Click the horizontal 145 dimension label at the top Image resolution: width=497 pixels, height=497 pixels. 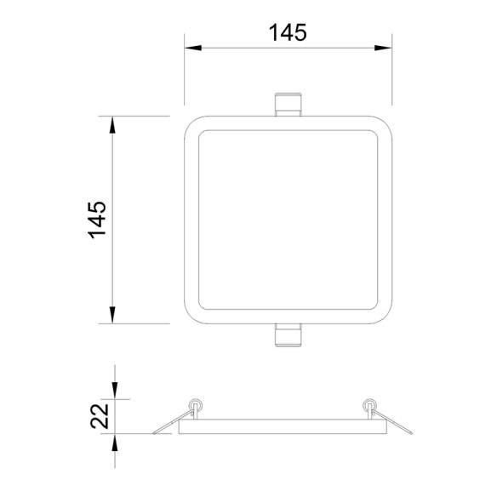[x=288, y=32]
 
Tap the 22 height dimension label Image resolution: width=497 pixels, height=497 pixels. [x=100, y=416]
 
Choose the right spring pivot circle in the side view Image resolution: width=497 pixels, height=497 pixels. [x=370, y=405]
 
